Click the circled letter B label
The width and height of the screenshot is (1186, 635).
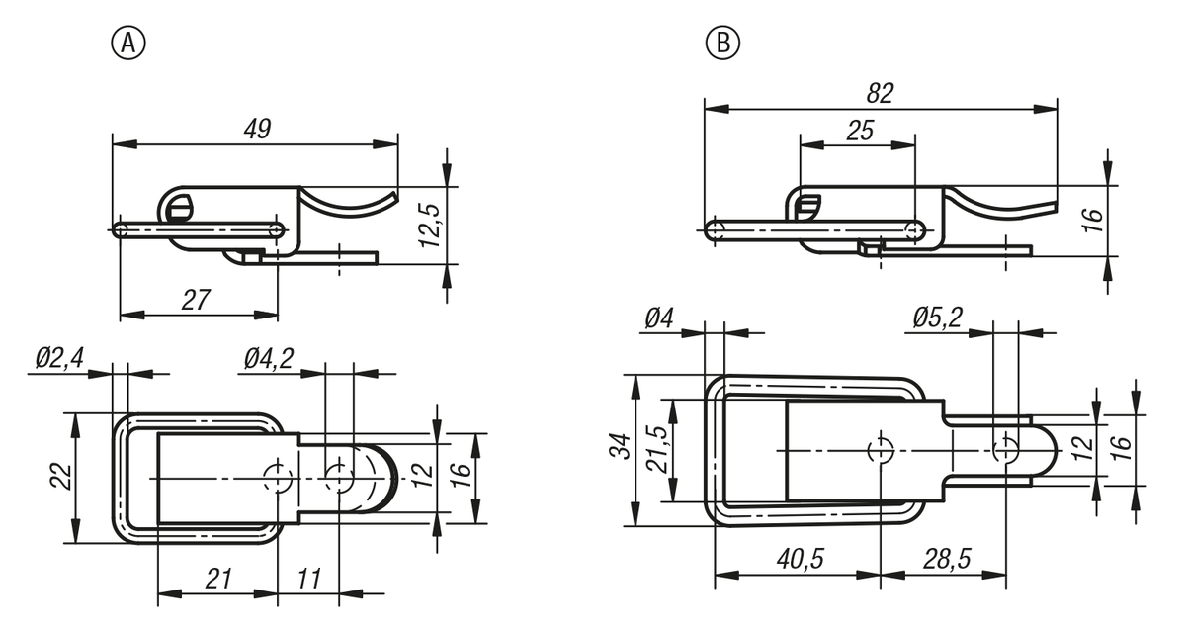click(722, 43)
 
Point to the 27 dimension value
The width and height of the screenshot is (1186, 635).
click(197, 300)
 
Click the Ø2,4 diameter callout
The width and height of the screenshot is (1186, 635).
click(58, 358)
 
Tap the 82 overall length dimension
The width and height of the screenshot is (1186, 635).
click(879, 93)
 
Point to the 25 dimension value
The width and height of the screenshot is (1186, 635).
click(859, 131)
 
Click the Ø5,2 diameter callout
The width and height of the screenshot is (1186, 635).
click(935, 318)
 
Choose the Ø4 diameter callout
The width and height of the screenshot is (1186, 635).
click(659, 318)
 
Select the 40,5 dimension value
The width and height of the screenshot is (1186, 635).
click(798, 559)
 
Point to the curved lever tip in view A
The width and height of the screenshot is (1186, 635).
click(391, 199)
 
